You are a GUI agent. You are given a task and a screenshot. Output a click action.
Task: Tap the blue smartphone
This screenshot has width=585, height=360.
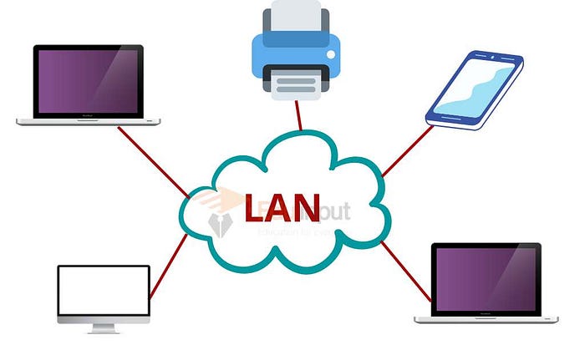click(475, 90)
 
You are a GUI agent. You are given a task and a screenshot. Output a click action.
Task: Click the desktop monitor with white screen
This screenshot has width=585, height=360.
click(104, 293)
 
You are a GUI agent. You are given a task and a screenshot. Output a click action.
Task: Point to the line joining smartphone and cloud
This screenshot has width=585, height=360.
click(407, 151)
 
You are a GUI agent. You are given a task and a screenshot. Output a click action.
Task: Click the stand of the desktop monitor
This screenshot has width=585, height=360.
click(103, 329)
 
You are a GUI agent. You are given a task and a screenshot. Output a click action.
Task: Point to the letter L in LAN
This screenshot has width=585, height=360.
click(254, 208)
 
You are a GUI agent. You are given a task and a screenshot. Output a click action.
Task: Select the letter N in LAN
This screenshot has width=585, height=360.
click(308, 208)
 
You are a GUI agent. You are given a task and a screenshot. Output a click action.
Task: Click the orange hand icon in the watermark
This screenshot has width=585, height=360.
click(218, 199)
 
